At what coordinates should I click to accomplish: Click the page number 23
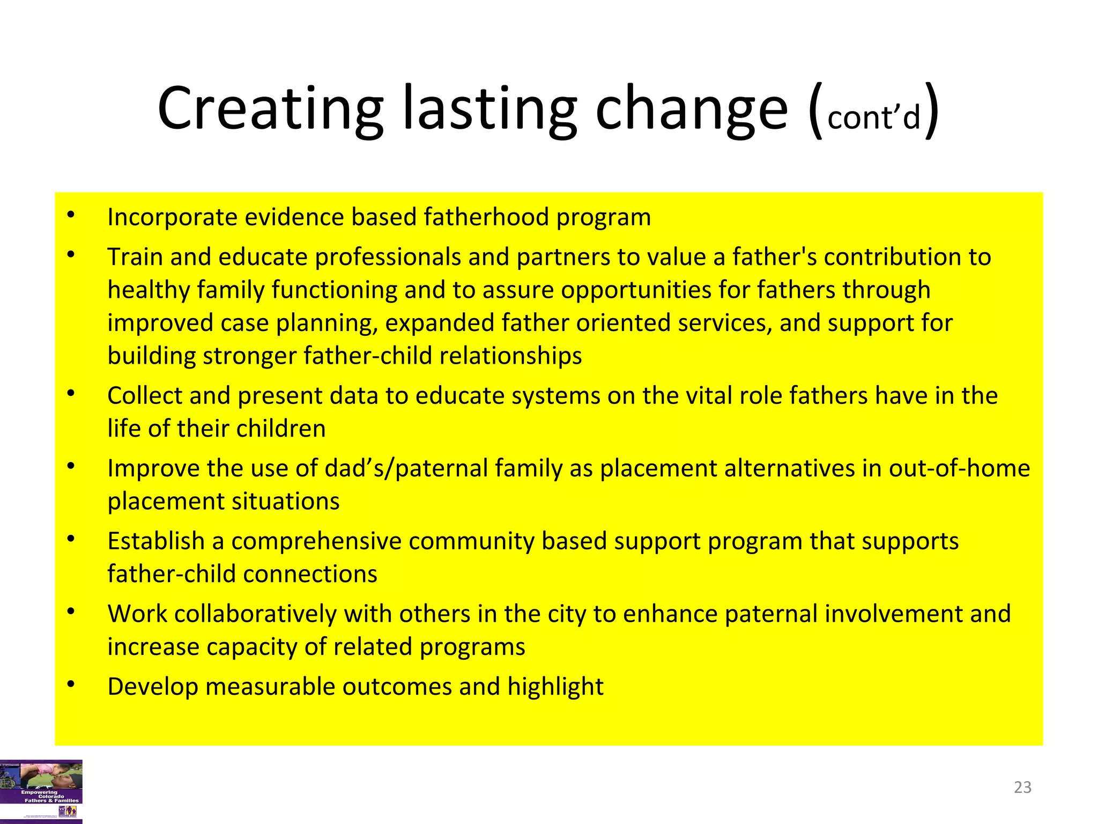[1022, 787]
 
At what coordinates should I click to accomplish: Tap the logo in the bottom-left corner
[41, 791]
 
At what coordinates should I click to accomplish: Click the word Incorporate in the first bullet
[172, 218]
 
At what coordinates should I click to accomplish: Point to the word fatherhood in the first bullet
[486, 218]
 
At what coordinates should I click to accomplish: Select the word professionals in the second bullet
[388, 257]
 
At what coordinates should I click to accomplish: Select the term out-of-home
[959, 469]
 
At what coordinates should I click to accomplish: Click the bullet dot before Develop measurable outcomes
[71, 685]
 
